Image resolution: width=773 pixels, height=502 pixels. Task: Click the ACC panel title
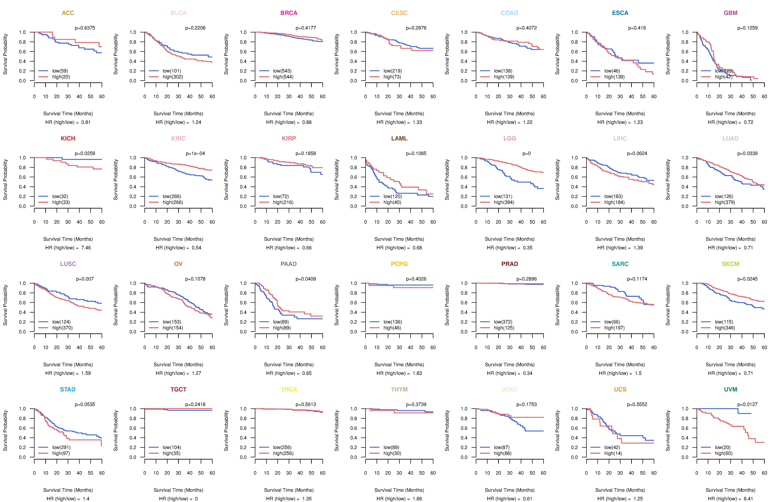[68, 13]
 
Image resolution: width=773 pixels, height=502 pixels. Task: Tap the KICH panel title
[68, 139]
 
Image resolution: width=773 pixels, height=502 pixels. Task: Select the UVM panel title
[730, 389]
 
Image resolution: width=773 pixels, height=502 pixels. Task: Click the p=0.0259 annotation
[85, 153]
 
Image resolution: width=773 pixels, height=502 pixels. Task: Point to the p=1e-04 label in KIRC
[195, 153]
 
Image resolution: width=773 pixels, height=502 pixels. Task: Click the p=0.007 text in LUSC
[85, 279]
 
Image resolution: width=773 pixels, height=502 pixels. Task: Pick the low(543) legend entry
[282, 71]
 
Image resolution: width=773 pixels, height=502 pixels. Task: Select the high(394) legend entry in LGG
[504, 202]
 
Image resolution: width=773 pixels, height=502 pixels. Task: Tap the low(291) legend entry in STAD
[61, 447]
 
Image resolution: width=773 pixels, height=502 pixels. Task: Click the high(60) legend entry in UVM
[723, 453]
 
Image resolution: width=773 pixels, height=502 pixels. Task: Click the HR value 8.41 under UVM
[748, 499]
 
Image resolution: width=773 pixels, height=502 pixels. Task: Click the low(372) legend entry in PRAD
[503, 322]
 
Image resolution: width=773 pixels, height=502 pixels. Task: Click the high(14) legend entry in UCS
[613, 453]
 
